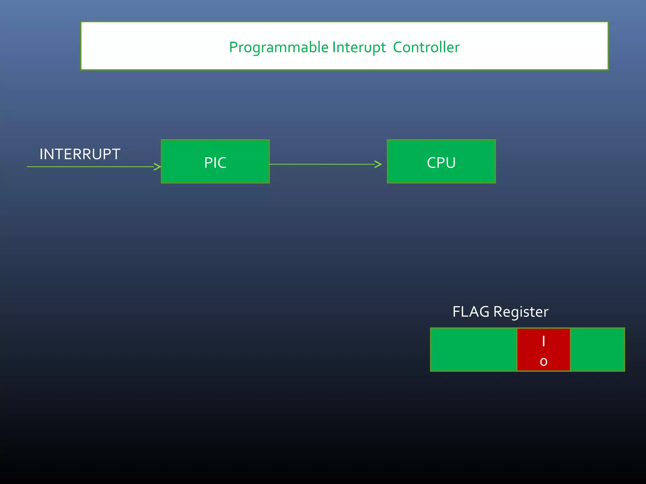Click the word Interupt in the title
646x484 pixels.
coord(359,48)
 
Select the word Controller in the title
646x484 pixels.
coord(426,48)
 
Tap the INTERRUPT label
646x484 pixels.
coord(80,154)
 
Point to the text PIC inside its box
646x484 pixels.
coord(215,163)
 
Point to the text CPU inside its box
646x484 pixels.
coord(441,163)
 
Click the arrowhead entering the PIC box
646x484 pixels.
coord(158,167)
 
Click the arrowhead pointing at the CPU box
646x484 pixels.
coord(379,164)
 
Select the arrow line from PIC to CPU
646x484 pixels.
coord(322,164)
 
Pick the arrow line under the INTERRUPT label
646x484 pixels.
coord(88,167)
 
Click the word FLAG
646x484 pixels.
coord(471,312)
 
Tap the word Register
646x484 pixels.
coord(521,312)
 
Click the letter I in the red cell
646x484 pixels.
coord(543,341)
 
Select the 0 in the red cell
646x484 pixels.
coord(543,362)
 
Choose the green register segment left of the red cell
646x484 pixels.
coord(473,350)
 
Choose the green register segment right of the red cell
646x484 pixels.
coord(597,350)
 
